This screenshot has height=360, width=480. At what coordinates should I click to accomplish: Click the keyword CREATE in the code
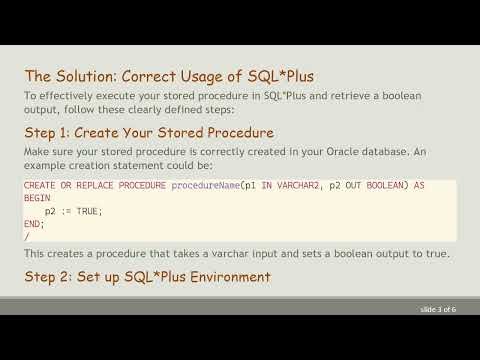pyautogui.click(x=40, y=186)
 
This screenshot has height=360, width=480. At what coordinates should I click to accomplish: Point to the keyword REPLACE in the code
pyautogui.click(x=93, y=186)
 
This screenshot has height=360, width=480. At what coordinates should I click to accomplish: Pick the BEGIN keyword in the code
pyautogui.click(x=36, y=199)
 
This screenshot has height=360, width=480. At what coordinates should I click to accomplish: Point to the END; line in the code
pyautogui.click(x=33, y=224)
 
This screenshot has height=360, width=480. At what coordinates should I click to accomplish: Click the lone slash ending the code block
pyautogui.click(x=27, y=236)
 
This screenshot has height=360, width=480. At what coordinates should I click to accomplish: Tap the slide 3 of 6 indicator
pyautogui.click(x=438, y=309)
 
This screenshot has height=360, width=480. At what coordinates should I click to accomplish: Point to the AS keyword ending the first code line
pyautogui.click(x=419, y=186)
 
